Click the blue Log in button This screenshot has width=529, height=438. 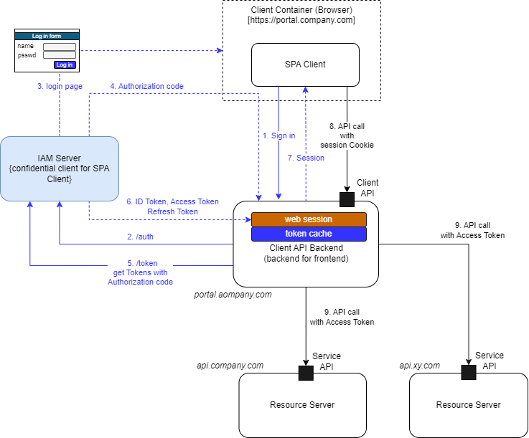point(65,65)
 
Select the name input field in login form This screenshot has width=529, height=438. point(60,47)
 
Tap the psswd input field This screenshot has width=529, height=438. point(60,54)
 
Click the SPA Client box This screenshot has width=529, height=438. point(305,65)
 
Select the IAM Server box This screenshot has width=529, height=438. point(60,168)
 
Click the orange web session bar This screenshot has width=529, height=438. point(309,219)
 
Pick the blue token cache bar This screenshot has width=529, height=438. point(309,234)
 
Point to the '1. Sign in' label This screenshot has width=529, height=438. point(278,135)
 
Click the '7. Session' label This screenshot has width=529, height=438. point(306,158)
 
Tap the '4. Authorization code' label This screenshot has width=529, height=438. point(146,86)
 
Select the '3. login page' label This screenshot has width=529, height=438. point(60,86)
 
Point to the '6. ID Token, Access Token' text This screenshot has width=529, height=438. point(172,202)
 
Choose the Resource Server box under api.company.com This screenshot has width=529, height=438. point(302,405)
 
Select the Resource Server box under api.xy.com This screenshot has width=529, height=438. point(468,405)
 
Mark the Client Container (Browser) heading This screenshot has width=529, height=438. point(301,9)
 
